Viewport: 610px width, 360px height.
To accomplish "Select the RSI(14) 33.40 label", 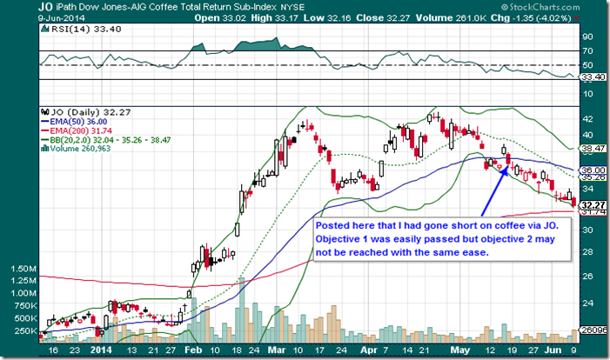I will [63, 29].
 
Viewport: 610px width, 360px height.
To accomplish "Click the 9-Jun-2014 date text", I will [22, 18].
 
